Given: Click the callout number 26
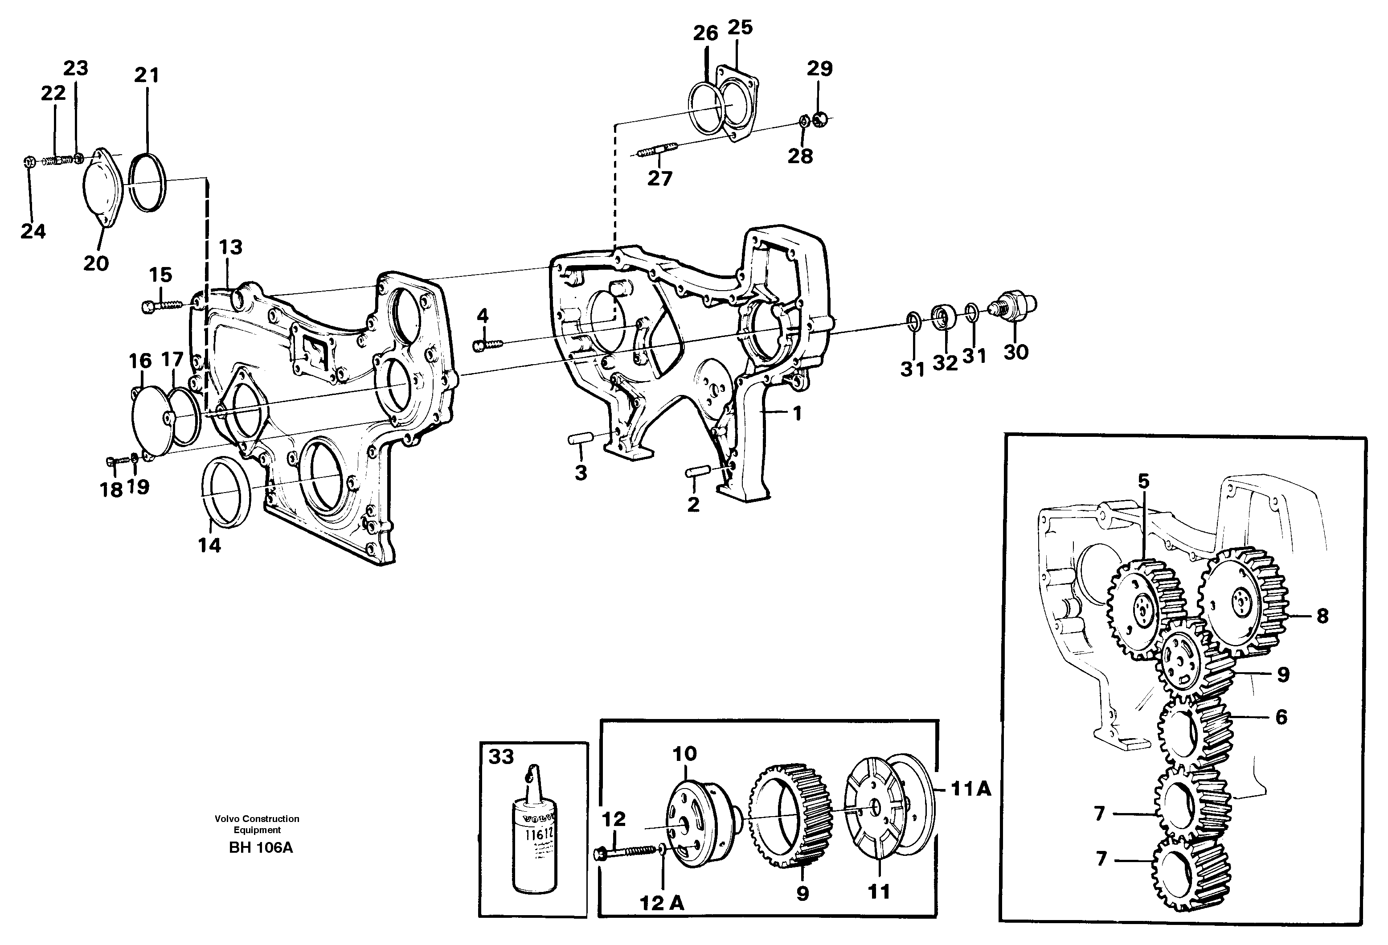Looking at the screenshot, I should (x=705, y=33).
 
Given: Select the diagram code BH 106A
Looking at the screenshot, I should (x=261, y=848).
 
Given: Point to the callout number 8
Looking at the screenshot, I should (x=1322, y=616).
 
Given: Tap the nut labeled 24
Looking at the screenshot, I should (x=28, y=161).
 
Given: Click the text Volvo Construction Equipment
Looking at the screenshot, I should (x=258, y=824).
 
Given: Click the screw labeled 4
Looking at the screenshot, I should (x=488, y=345).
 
